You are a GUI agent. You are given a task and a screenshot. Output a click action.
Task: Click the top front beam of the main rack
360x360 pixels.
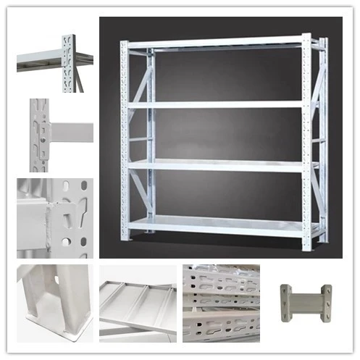(217, 42)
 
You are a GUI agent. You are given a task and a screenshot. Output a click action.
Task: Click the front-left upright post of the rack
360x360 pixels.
(125, 138)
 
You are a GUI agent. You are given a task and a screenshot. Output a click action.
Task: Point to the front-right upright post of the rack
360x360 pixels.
(306, 138)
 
